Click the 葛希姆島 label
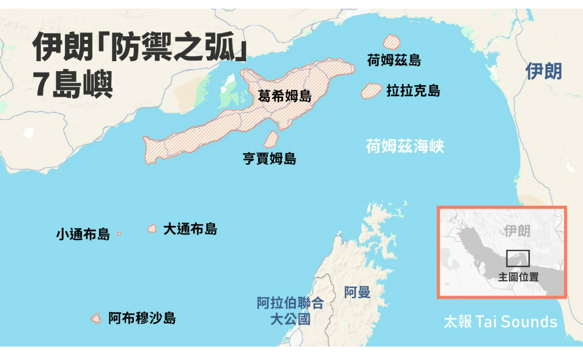pyautogui.click(x=284, y=96)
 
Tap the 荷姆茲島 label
pyautogui.click(x=394, y=60)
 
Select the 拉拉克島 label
pyautogui.click(x=413, y=91)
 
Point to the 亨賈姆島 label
pyautogui.click(x=270, y=159)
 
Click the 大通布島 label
pyautogui.click(x=190, y=229)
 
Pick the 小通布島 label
pyautogui.click(x=83, y=234)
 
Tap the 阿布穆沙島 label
pyautogui.click(x=142, y=318)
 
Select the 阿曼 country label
pyautogui.click(x=357, y=292)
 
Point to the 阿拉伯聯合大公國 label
pyautogui.click(x=290, y=310)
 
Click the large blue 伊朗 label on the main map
pyautogui.click(x=543, y=71)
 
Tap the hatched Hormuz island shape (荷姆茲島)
pyautogui.click(x=391, y=42)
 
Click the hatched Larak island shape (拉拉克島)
pyautogui.click(x=371, y=91)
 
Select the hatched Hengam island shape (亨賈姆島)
pyautogui.click(x=271, y=139)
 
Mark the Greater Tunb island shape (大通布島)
pyautogui.click(x=152, y=228)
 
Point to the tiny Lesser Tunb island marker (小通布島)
pyautogui.click(x=119, y=233)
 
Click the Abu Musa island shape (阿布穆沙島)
pyautogui.click(x=95, y=318)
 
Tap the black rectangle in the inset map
pyautogui.click(x=518, y=258)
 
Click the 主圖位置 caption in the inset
pyautogui.click(x=519, y=277)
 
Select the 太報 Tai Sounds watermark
pyautogui.click(x=500, y=322)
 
